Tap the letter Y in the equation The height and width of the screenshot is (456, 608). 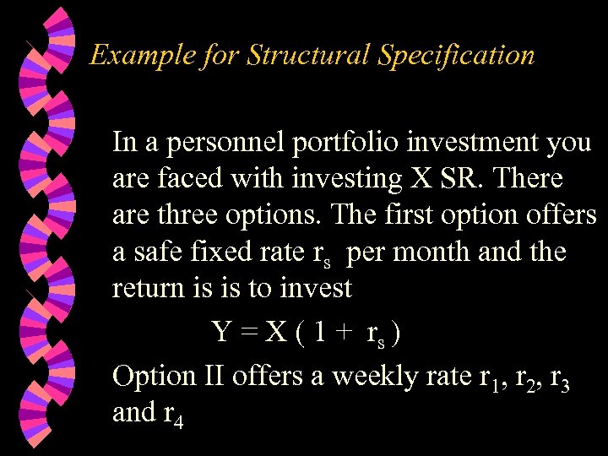(x=222, y=331)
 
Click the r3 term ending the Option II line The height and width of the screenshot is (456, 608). (x=559, y=378)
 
